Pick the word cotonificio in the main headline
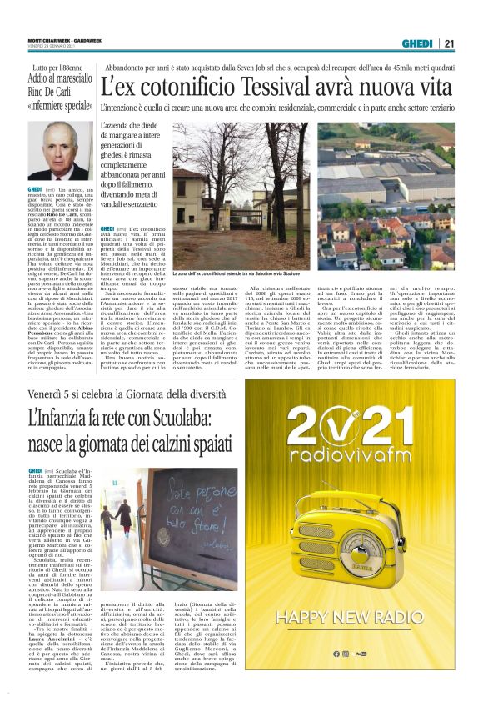coord(178,86)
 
